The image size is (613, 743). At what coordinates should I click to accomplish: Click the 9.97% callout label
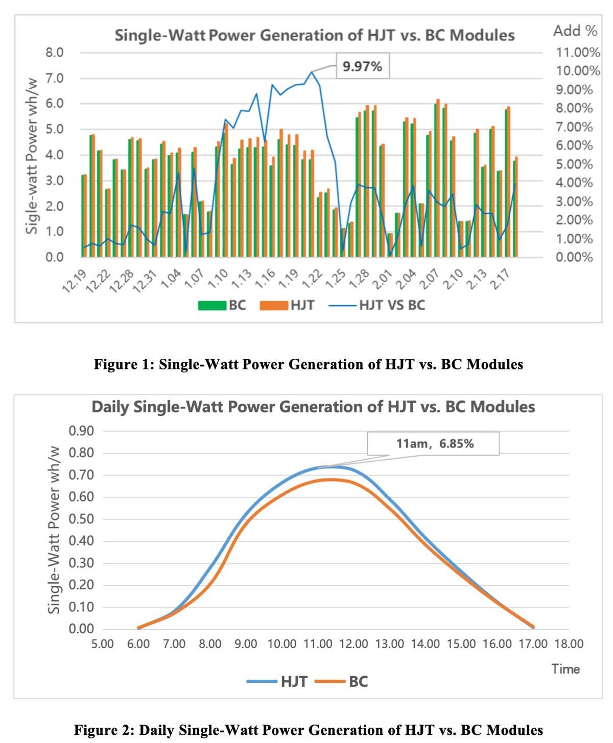[362, 66]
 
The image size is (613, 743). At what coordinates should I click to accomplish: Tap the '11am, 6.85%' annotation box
[434, 443]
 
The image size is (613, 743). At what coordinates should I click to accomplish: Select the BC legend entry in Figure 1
[223, 305]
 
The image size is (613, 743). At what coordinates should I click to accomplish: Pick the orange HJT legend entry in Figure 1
[287, 305]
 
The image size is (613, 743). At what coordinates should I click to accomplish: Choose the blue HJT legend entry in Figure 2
[277, 682]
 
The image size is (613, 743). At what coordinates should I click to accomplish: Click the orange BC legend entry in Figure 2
[342, 682]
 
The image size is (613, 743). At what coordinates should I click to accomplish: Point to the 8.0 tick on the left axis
[54, 53]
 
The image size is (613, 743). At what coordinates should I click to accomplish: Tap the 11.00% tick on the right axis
[578, 53]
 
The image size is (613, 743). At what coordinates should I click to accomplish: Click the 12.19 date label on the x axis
[74, 281]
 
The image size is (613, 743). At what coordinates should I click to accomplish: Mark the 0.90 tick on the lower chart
[81, 431]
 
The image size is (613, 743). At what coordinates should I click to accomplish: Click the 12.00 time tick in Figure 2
[353, 644]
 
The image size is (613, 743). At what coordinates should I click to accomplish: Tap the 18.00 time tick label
[569, 644]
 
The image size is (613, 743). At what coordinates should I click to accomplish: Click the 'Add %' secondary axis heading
[575, 31]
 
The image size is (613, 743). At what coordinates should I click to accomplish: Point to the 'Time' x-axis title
[565, 669]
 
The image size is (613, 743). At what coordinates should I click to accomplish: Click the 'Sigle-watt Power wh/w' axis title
[32, 156]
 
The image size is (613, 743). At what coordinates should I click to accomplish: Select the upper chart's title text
[314, 35]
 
